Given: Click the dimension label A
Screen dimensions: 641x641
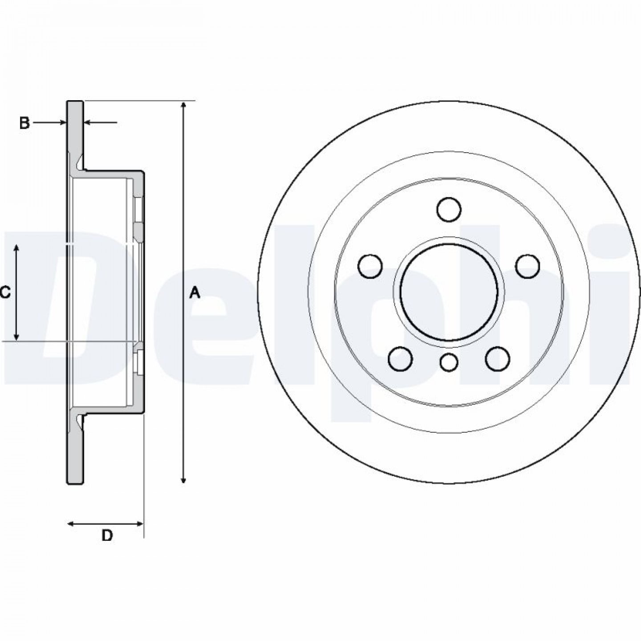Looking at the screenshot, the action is pyautogui.click(x=195, y=293).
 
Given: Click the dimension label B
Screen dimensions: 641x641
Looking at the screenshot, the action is pyautogui.click(x=24, y=123).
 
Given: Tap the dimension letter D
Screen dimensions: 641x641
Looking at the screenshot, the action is pyautogui.click(x=107, y=535).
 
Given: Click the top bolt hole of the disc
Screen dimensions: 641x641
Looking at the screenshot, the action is pyautogui.click(x=449, y=209).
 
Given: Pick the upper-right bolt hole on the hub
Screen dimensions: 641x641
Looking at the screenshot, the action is pyautogui.click(x=528, y=266).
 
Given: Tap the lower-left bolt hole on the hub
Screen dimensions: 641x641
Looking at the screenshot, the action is pyautogui.click(x=401, y=359).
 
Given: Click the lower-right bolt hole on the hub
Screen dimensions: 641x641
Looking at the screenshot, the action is pyautogui.click(x=498, y=358).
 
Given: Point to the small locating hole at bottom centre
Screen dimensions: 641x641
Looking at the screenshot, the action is pyautogui.click(x=449, y=362).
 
